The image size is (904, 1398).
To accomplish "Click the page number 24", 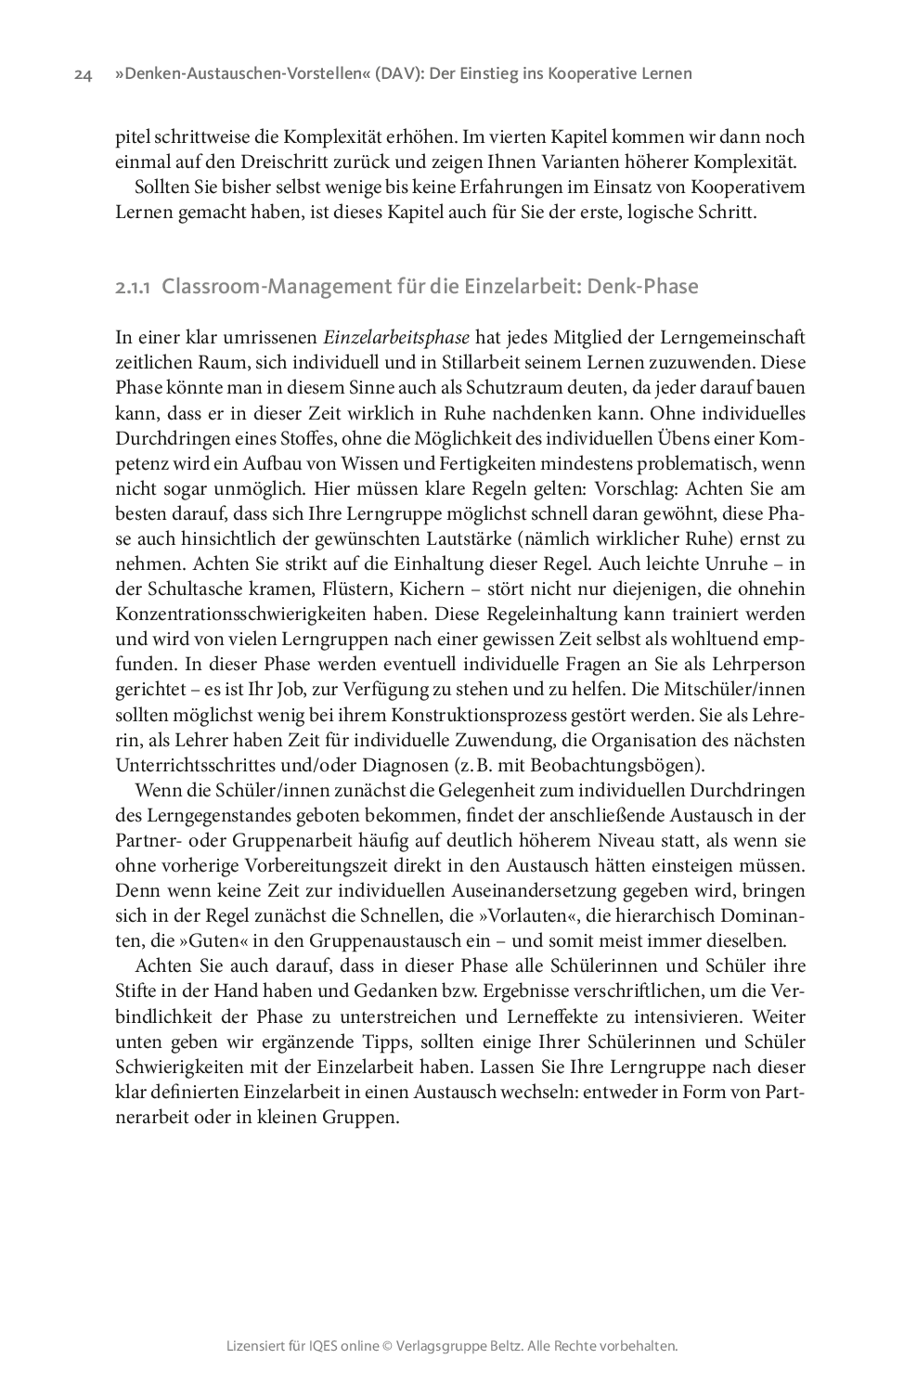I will (83, 74).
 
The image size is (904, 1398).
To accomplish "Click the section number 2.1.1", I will (134, 287).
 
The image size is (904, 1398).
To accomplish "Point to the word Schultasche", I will (196, 589).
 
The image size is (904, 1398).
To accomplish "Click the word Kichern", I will (434, 589).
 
